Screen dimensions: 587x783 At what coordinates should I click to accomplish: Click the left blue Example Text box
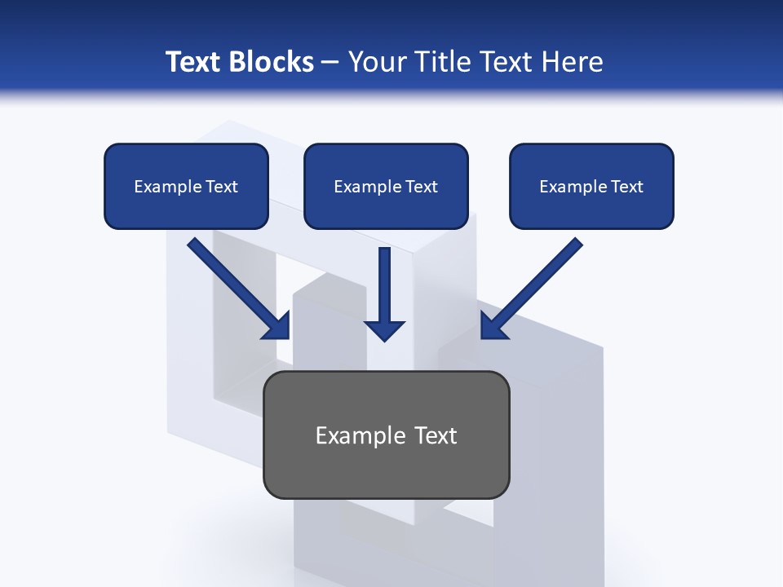pos(186,186)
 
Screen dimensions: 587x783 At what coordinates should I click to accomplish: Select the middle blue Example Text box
pos(386,186)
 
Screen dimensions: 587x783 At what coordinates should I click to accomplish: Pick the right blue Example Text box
pos(591,186)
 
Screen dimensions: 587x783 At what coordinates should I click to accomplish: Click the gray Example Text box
pos(386,435)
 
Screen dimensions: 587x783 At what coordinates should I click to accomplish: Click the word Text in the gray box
pos(436,435)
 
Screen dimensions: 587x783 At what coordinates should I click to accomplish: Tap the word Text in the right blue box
pos(626,187)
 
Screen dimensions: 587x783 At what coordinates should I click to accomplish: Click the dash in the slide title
pos(330,63)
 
